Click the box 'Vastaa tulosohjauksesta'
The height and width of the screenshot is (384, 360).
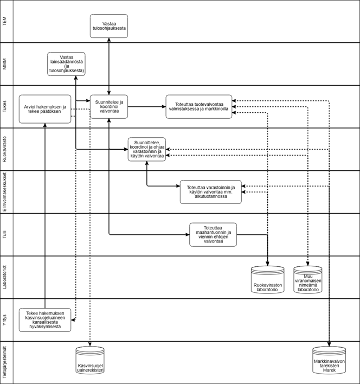pyautogui.click(x=109, y=26)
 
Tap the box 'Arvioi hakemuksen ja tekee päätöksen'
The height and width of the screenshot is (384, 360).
pyautogui.click(x=45, y=108)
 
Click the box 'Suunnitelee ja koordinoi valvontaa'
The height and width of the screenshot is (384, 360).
pyautogui.click(x=109, y=106)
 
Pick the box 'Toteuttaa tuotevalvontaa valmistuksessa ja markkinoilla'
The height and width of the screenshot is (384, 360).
pyautogui.click(x=198, y=106)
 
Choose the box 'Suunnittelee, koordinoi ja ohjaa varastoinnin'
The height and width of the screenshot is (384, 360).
pyautogui.click(x=147, y=149)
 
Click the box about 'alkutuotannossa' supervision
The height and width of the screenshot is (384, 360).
pyautogui.click(x=210, y=191)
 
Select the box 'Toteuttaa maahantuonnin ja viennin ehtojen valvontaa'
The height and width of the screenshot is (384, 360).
pyautogui.click(x=213, y=234)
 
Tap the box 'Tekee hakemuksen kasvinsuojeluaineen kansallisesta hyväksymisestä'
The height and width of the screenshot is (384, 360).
pyautogui.click(x=45, y=319)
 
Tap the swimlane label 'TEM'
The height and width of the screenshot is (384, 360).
pyautogui.click(x=5, y=22)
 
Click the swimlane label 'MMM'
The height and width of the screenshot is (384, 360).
pyautogui.click(x=5, y=64)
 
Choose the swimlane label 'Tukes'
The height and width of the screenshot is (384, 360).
pyautogui.click(x=5, y=106)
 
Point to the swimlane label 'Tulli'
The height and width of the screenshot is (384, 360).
pyautogui.click(x=5, y=234)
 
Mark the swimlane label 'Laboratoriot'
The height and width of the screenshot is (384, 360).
pyautogui.click(x=5, y=277)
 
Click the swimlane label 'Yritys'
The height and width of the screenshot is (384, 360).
pyautogui.click(x=5, y=319)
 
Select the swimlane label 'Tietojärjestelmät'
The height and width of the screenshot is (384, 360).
pyautogui.click(x=5, y=362)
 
